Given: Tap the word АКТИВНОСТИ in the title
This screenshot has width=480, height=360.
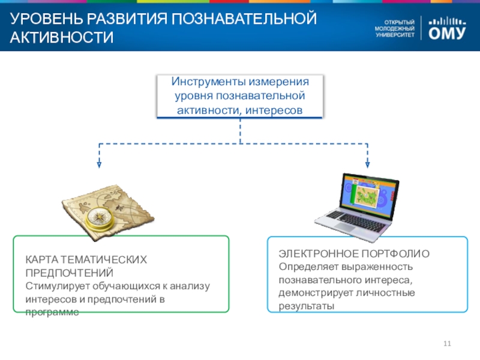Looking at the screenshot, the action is pos(61,38).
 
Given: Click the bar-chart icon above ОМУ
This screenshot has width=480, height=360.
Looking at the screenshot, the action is pos(448,19).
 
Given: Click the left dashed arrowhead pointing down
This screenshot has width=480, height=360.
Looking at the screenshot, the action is pos(100,163).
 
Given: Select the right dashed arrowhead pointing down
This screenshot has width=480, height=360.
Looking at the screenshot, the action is pos(367,163).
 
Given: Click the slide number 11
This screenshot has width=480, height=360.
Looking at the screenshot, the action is pos(446,343).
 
